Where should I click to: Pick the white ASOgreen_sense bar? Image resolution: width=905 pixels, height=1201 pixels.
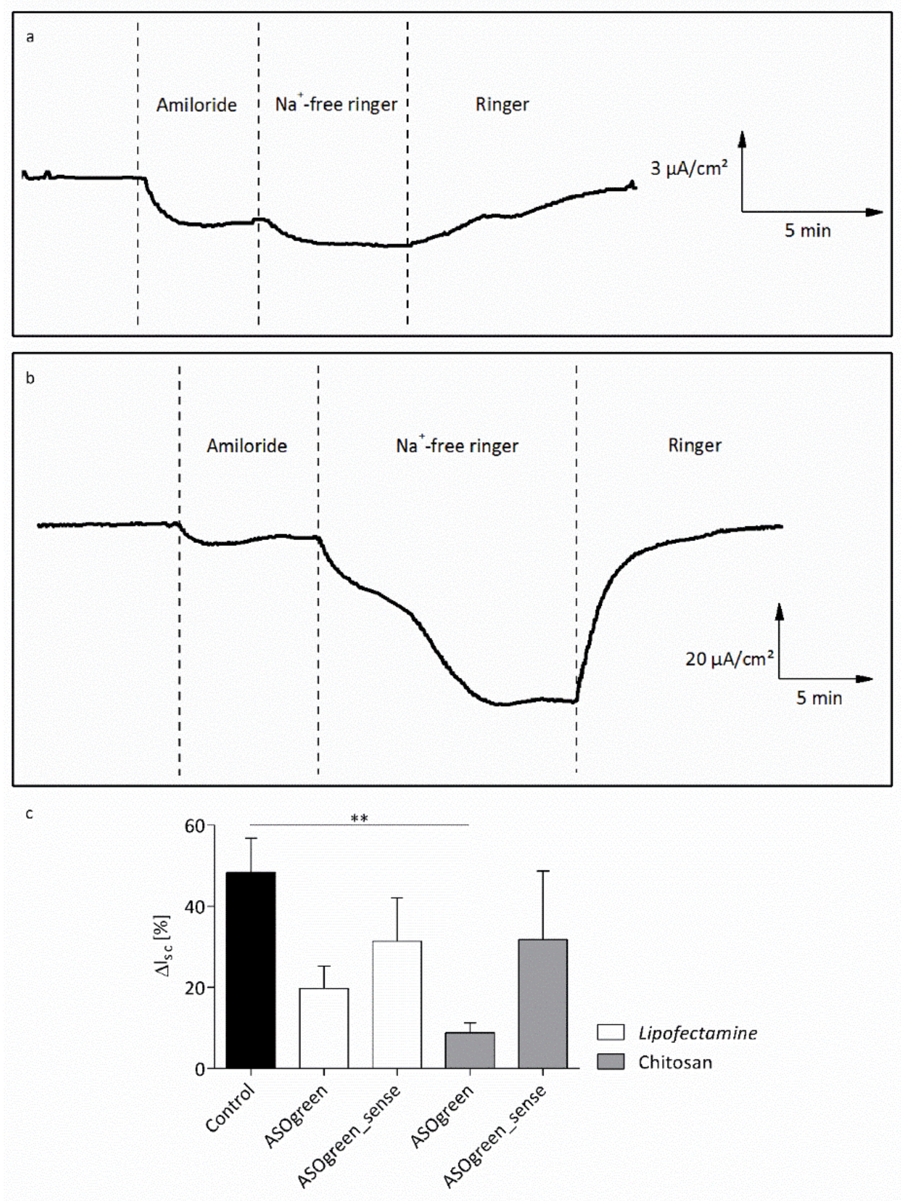[397, 1005]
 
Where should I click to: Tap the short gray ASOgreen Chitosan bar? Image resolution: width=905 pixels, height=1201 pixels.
[470, 1050]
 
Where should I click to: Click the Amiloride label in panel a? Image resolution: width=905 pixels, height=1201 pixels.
[197, 105]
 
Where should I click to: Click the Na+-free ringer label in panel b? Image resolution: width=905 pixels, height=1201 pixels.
[457, 446]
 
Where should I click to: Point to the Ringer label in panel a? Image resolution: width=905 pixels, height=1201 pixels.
[502, 105]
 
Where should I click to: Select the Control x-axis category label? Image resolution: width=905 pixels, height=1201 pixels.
[230, 1107]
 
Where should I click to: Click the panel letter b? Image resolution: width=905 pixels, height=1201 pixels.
[30, 378]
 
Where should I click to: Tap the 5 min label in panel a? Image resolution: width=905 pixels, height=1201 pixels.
[807, 231]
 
